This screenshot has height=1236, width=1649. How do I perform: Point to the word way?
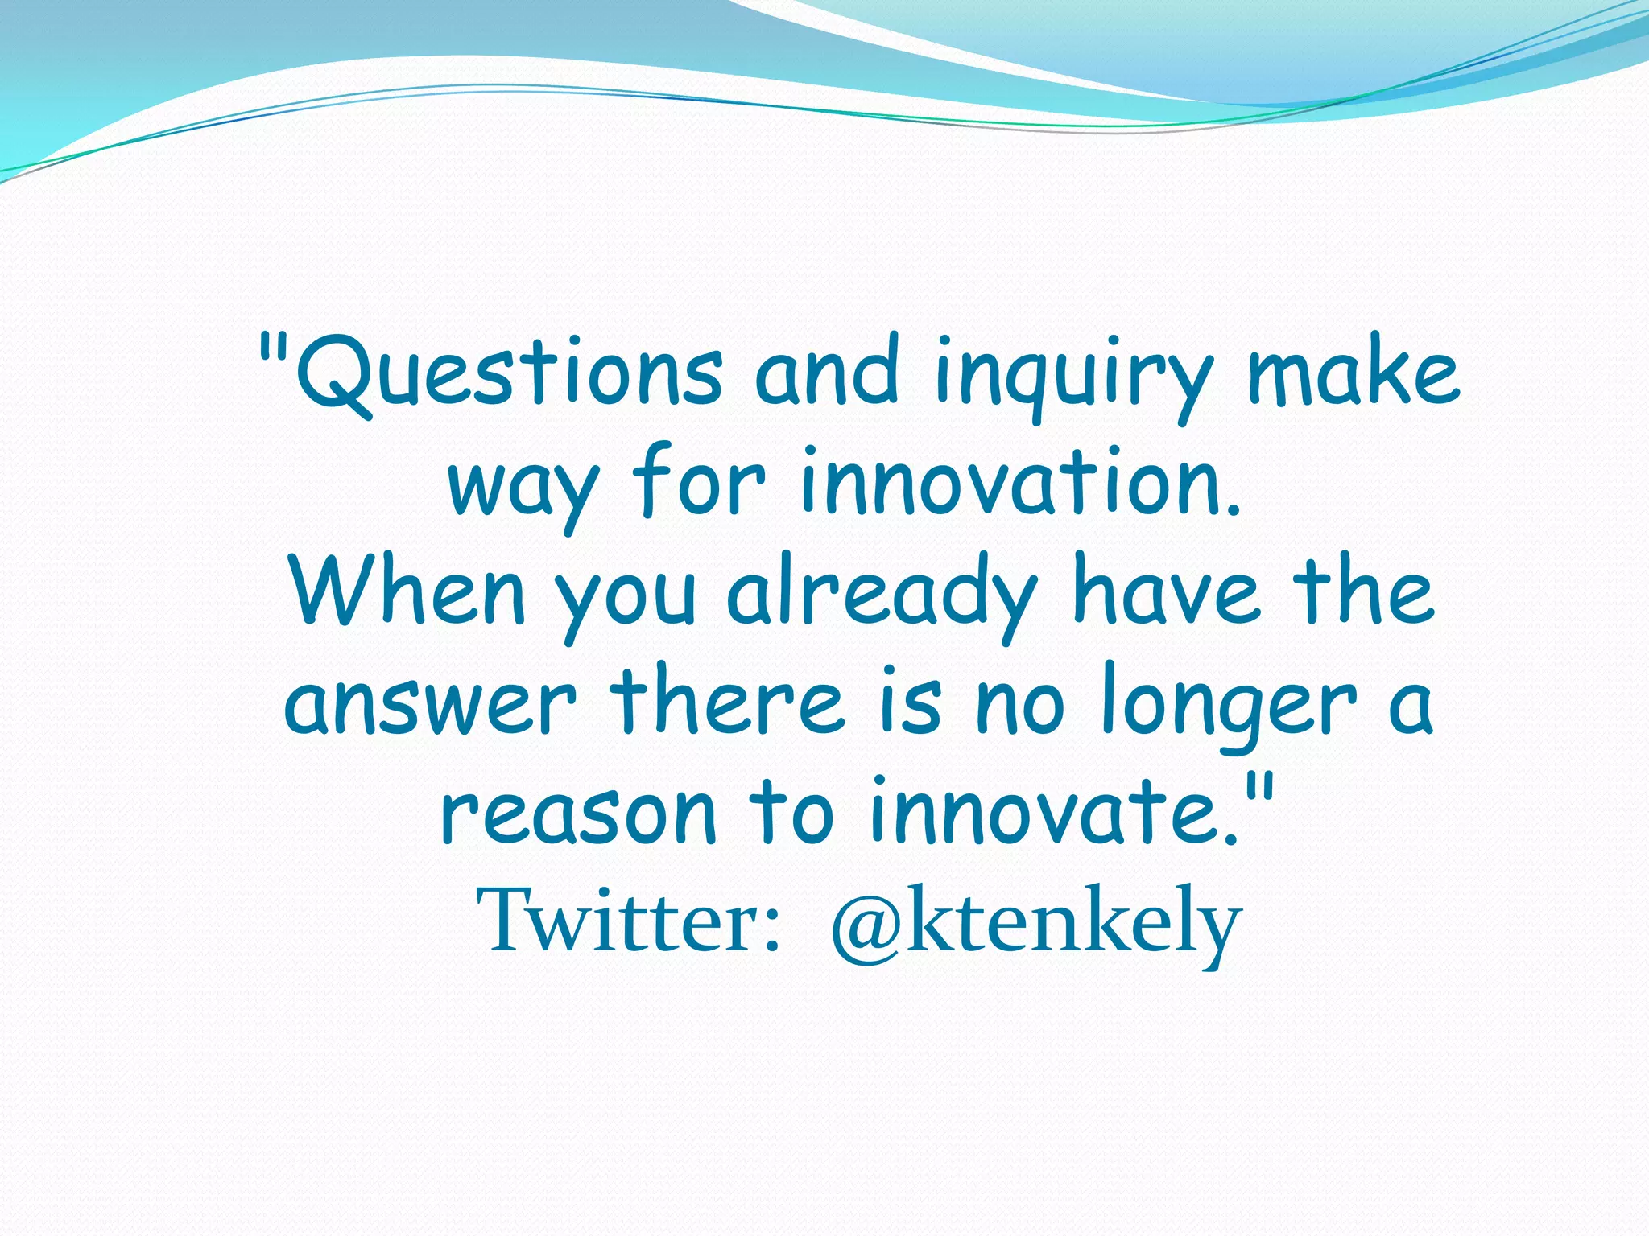point(523,488)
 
